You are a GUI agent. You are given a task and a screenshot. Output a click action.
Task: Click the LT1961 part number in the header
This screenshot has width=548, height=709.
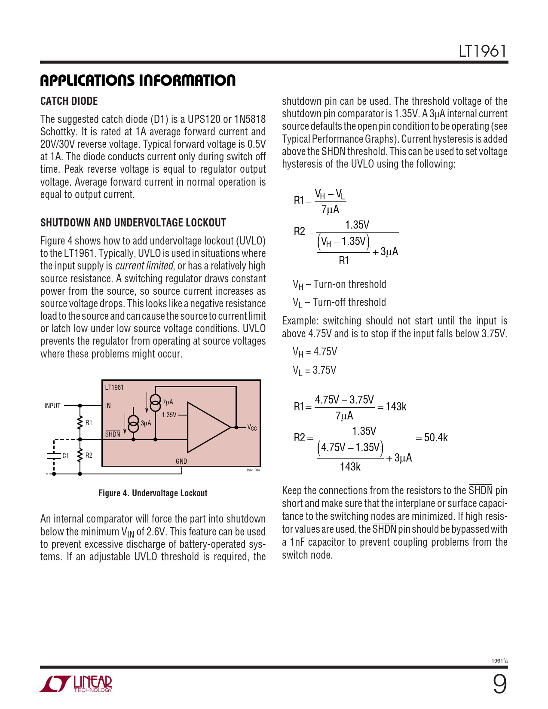[x=482, y=51]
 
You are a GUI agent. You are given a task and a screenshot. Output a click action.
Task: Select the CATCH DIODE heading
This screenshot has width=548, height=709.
[x=69, y=101]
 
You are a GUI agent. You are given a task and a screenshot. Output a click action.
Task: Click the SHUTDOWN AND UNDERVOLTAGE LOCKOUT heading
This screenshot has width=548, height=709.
[x=133, y=223]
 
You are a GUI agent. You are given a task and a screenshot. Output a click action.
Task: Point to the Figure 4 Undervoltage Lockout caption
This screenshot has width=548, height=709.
[x=153, y=493]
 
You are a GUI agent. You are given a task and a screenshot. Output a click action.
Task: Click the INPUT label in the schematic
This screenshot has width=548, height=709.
[x=52, y=406]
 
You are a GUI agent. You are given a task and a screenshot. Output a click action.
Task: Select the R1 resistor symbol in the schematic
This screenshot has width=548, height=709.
[x=80, y=423]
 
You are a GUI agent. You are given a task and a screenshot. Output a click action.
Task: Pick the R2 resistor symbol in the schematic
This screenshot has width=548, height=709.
[x=80, y=455]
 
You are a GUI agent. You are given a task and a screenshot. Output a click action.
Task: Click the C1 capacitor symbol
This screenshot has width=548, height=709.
[x=54, y=455]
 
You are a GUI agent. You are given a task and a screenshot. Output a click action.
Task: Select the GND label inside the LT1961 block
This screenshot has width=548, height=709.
[x=181, y=461]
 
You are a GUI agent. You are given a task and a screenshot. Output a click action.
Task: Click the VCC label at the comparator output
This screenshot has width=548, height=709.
[x=252, y=428]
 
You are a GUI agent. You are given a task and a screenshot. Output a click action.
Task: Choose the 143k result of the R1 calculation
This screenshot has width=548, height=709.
[x=396, y=406]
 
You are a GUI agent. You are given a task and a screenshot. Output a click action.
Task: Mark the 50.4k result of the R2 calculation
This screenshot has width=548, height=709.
[x=436, y=437]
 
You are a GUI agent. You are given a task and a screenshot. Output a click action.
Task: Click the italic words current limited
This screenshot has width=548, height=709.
[x=144, y=266]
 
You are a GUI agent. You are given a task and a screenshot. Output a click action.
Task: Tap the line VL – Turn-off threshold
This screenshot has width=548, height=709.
[x=339, y=303]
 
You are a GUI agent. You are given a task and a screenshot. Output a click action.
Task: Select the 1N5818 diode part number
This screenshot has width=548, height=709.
[x=250, y=119]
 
